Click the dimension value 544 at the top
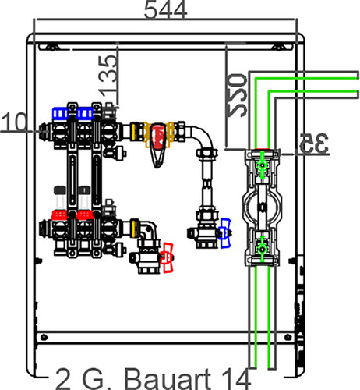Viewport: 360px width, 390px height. tap(165, 9)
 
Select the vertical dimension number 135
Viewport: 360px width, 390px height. tap(108, 75)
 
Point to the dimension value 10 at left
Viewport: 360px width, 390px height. tap(14, 122)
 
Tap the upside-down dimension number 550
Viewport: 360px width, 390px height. tap(237, 95)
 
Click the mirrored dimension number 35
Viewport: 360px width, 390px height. tap(314, 144)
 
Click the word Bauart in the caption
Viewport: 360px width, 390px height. tap(168, 379)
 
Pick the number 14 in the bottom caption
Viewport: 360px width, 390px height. tap(236, 379)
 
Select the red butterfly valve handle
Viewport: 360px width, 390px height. tap(168, 257)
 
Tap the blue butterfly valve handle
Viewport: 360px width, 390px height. tap(225, 233)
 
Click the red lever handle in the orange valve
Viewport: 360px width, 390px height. tap(158, 137)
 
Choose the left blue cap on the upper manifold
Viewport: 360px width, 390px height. tap(60, 113)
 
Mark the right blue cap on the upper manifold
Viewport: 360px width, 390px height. tap(85, 113)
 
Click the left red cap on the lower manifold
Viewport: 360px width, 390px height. tap(59, 215)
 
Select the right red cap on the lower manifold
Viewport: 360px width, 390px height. tap(84, 215)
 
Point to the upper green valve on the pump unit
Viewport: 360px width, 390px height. tap(263, 165)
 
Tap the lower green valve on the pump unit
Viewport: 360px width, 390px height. tap(262, 249)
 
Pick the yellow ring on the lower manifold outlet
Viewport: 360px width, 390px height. tap(134, 229)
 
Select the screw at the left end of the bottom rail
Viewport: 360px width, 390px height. tap(44, 337)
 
